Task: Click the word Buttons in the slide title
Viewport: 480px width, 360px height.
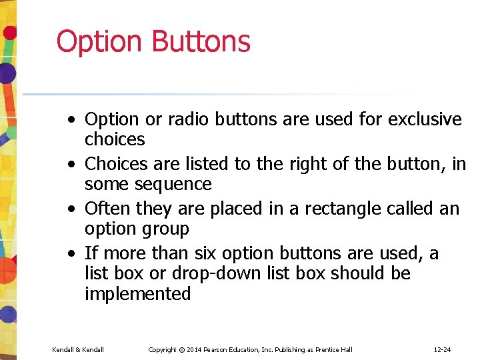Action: [201, 41]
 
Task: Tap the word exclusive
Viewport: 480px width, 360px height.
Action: [425, 119]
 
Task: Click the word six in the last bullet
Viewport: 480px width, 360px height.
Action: [205, 254]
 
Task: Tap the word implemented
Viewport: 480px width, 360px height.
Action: [137, 294]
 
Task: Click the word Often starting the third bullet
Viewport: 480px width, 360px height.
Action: [108, 209]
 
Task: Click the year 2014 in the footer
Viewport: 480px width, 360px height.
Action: [194, 350]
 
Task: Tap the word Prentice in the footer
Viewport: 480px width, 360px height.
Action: [327, 350]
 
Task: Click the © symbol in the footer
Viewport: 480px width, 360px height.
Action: [181, 350]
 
